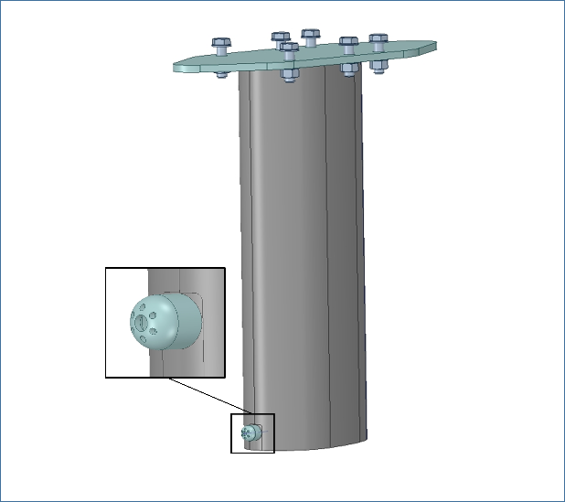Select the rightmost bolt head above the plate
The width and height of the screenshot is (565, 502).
(x=378, y=39)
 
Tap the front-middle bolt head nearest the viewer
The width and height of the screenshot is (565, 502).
(x=289, y=48)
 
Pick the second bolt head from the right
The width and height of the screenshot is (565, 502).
(x=348, y=42)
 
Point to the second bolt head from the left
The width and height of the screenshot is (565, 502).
(x=281, y=37)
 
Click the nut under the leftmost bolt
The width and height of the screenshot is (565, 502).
(x=221, y=73)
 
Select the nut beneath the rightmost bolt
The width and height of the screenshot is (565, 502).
(x=378, y=65)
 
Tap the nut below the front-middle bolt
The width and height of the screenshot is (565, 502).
(x=289, y=75)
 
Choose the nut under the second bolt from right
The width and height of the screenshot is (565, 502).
(x=349, y=69)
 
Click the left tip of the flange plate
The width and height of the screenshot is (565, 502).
(x=178, y=66)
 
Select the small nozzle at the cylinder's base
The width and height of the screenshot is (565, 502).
(x=248, y=433)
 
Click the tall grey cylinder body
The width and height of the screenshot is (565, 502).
(x=302, y=256)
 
